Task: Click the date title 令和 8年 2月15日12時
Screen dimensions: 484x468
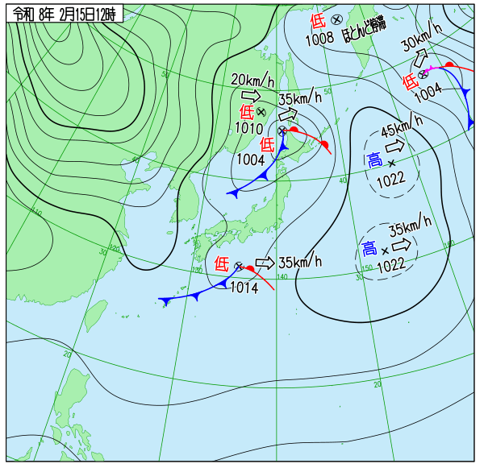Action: coord(64,14)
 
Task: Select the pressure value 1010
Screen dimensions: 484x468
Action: coord(248,126)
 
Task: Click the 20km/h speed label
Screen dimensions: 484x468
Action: coord(252,80)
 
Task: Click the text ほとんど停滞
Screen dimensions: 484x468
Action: coord(364,30)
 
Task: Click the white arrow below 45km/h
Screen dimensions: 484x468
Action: coord(395,147)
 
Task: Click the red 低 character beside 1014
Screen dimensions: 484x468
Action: coord(222,263)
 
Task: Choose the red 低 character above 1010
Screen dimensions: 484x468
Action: coord(247,111)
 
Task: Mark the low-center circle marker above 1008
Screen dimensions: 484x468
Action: coord(336,19)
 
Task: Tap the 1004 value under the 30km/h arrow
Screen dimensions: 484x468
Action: coord(428,94)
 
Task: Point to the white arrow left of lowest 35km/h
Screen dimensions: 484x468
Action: coord(265,263)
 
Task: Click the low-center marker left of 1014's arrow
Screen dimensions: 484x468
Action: coord(239,266)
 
